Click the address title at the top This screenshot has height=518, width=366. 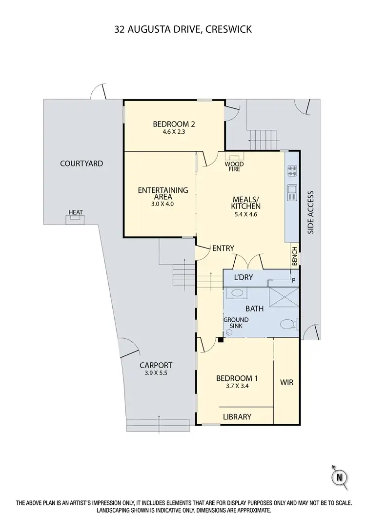coord(183,29)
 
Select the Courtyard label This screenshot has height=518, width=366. coord(81,164)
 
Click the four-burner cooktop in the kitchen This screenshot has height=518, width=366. coord(293,171)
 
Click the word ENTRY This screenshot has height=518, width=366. coord(224,249)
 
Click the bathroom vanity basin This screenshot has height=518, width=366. coord(237,293)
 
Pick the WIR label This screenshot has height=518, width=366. coord(287,382)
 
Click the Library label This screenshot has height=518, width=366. coord(237,416)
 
